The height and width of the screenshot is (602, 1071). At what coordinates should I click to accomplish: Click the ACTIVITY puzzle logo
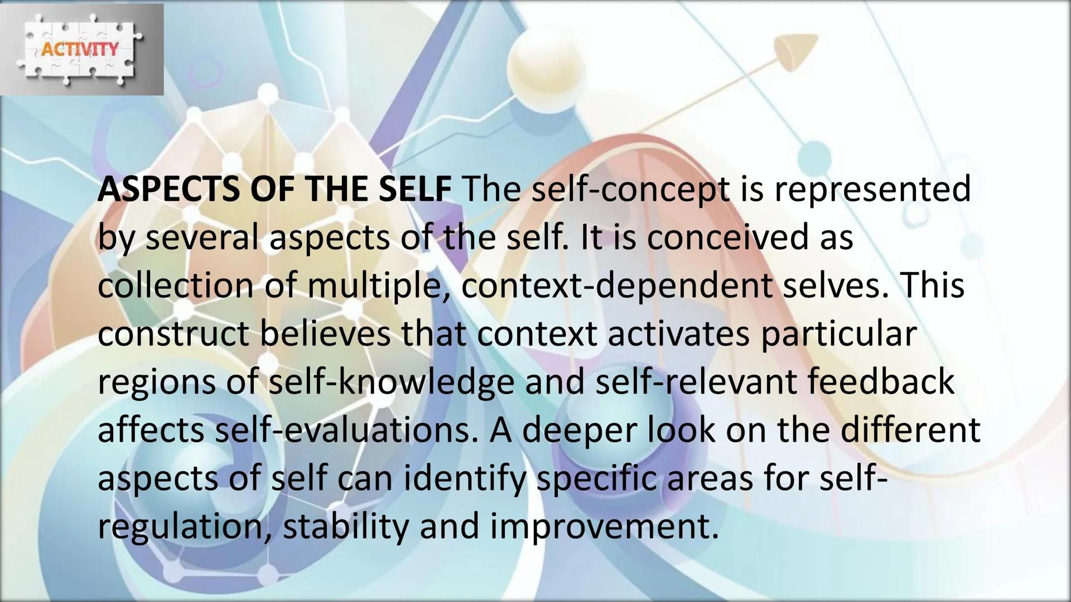80,49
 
